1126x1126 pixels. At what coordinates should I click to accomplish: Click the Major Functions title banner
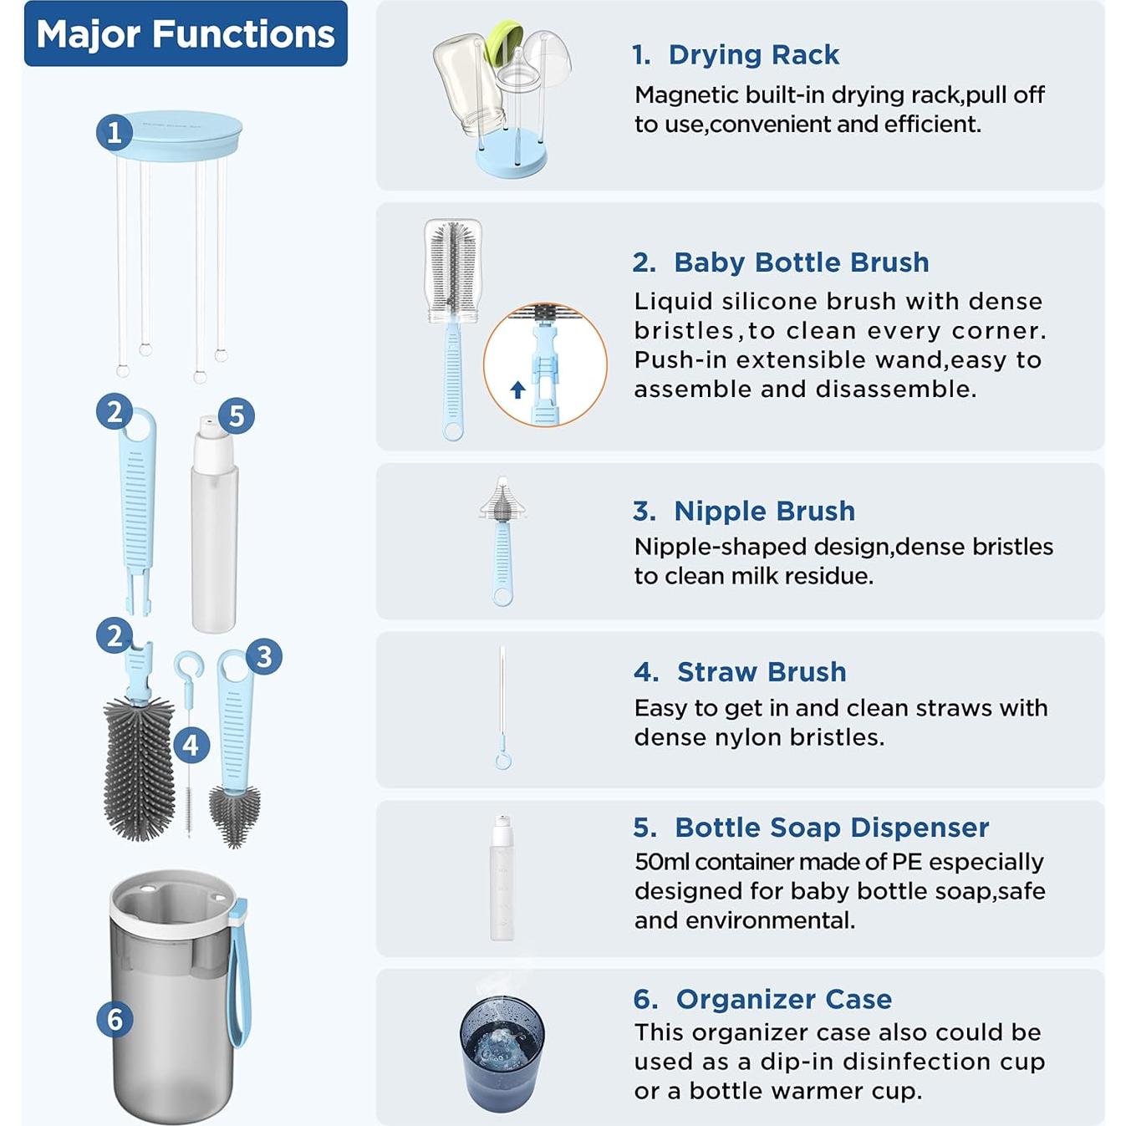[186, 33]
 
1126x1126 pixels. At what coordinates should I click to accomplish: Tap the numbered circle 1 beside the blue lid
[115, 133]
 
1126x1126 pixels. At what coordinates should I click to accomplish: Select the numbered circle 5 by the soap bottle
[236, 416]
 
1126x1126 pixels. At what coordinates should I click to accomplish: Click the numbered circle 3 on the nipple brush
[264, 656]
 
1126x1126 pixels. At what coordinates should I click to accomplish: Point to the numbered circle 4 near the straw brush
[191, 745]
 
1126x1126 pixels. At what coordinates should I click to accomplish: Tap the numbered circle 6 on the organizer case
[115, 1019]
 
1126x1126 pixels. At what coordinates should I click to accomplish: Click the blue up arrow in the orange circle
[517, 390]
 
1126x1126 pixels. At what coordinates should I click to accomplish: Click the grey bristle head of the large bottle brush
[139, 767]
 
